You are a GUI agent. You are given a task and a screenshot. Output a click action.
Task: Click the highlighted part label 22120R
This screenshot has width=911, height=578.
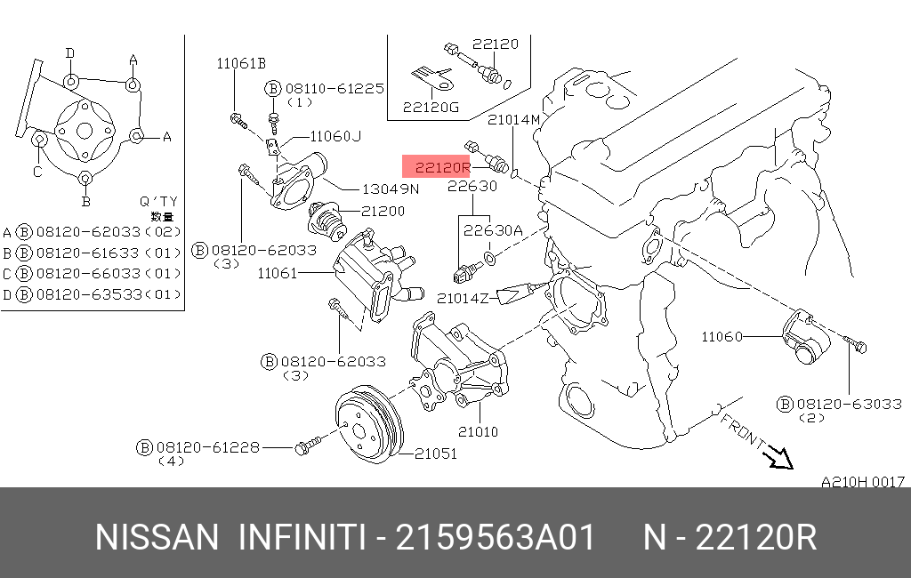point(437,167)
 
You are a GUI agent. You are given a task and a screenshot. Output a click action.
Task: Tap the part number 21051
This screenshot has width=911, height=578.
point(435,454)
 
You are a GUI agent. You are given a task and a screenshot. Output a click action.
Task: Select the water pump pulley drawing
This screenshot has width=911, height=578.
point(368,427)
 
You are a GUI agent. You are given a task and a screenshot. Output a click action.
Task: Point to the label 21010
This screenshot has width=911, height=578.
point(478,432)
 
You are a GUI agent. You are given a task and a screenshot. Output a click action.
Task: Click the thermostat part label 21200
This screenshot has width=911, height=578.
point(383,212)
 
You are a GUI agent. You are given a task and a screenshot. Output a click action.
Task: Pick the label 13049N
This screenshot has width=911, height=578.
point(390,189)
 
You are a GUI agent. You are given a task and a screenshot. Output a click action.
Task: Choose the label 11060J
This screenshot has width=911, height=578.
point(335,136)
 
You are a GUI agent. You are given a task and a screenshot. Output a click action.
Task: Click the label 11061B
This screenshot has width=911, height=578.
point(241,63)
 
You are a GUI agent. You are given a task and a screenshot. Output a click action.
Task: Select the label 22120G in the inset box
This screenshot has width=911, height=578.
point(431,108)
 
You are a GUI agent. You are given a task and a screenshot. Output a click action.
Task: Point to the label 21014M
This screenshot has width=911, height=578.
point(513,119)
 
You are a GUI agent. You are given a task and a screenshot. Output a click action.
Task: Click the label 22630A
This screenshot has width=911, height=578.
point(492,229)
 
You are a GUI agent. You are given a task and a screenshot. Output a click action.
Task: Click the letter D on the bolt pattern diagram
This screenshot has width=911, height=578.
point(69,53)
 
